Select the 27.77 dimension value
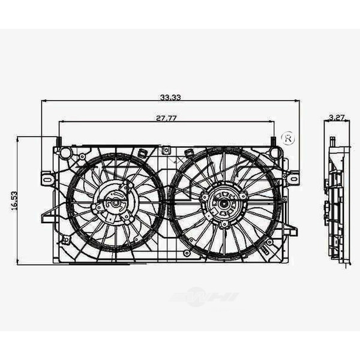(x=166, y=118)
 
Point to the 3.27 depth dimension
(x=337, y=118)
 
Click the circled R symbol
(x=288, y=138)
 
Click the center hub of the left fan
(x=114, y=203)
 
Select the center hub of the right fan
(x=223, y=203)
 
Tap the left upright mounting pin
(x=59, y=142)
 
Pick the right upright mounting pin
(x=274, y=142)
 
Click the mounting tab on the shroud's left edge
(x=47, y=179)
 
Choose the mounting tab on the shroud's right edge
(x=292, y=178)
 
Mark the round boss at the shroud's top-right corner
(x=275, y=153)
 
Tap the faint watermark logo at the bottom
(x=204, y=297)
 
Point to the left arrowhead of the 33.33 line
(x=44, y=101)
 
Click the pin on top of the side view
(x=332, y=142)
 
